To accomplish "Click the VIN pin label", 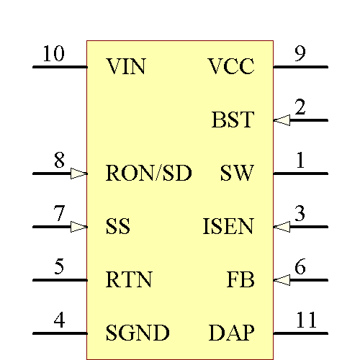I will pyautogui.click(x=125, y=68).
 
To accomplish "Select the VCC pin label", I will pyautogui.click(x=231, y=68).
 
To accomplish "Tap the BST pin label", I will pyautogui.click(x=233, y=120).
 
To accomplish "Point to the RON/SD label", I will pyautogui.click(x=148, y=174).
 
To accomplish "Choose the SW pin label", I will pyautogui.click(x=237, y=174).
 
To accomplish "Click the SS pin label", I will pyautogui.click(x=118, y=227).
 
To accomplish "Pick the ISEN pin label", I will pyautogui.click(x=228, y=227).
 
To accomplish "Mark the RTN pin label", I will pyautogui.click(x=129, y=280).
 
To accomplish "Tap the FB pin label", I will pyautogui.click(x=240, y=280).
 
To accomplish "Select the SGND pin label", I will pyautogui.click(x=138, y=333).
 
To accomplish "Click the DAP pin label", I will pyautogui.click(x=231, y=333).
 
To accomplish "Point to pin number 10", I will pyautogui.click(x=53, y=54).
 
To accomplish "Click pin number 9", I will pyautogui.click(x=300, y=54).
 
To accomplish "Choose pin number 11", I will pyautogui.click(x=306, y=320).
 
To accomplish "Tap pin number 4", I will pyautogui.click(x=60, y=320).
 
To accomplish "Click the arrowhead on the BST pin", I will pyautogui.click(x=282, y=120).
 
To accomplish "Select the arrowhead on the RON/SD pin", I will pyautogui.click(x=78, y=174).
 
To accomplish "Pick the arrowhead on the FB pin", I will pyautogui.click(x=282, y=280).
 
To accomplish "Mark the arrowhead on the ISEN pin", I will pyautogui.click(x=282, y=227).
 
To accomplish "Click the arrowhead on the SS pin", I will pyautogui.click(x=78, y=227).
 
